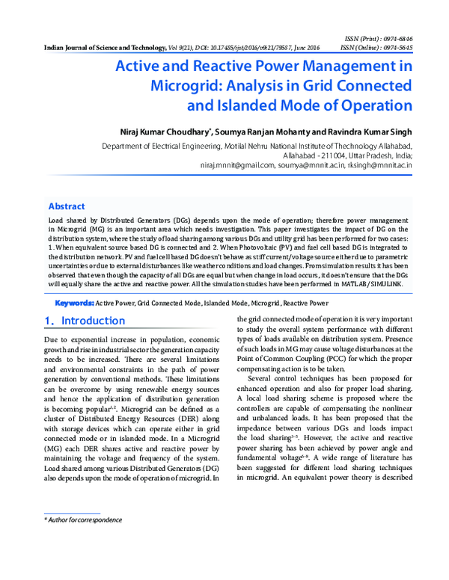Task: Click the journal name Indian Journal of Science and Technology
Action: point(102,47)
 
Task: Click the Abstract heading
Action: point(67,206)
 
